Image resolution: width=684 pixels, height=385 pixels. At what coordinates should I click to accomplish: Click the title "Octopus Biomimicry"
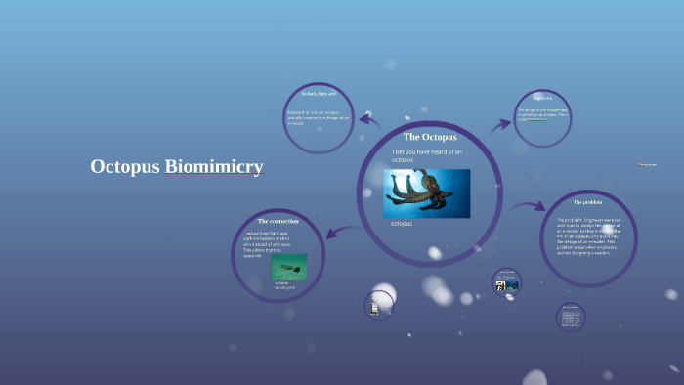(176, 167)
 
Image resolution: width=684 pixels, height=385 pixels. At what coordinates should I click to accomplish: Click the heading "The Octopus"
(430, 137)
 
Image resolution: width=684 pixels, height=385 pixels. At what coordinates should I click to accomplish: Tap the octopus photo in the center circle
(426, 192)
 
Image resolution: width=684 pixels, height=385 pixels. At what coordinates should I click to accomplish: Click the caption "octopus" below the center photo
(401, 225)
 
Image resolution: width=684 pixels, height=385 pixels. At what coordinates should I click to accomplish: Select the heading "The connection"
(278, 222)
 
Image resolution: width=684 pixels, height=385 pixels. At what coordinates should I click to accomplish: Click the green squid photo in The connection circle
(288, 267)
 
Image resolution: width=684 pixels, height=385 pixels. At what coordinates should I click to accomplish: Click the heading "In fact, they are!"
(320, 94)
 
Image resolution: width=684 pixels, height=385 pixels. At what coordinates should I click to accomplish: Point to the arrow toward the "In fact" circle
(368, 121)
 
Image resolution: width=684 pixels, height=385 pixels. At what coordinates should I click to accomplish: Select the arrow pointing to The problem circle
(528, 206)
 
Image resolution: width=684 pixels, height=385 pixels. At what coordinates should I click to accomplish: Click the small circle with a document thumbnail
(377, 305)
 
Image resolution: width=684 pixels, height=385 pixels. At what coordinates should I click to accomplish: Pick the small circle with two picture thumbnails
(506, 281)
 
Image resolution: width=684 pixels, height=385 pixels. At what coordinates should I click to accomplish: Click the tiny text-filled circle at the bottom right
(570, 317)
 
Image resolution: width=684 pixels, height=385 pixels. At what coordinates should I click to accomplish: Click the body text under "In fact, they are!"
(318, 118)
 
